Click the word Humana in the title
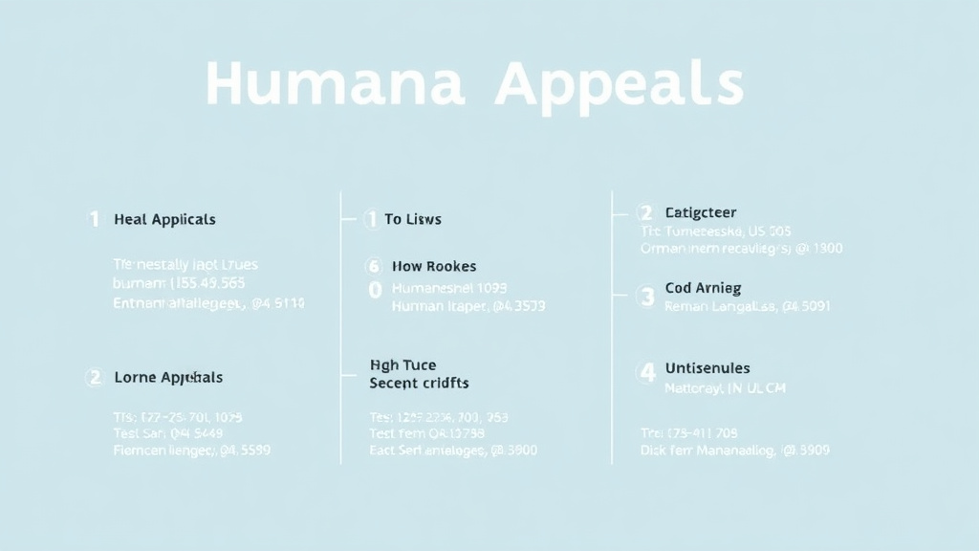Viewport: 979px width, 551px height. tap(335, 84)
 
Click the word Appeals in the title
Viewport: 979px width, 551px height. tap(619, 86)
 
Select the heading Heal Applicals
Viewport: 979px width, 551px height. tap(164, 219)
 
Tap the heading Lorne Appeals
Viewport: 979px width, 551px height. tap(168, 377)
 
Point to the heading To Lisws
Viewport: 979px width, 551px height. tap(413, 219)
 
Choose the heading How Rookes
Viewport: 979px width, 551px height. tap(434, 266)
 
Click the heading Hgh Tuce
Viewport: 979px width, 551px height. tap(402, 364)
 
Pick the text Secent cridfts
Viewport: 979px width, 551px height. tap(419, 383)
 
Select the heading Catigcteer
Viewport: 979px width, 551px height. tap(701, 212)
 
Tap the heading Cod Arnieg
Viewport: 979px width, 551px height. tap(703, 287)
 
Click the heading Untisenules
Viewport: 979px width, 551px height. tap(707, 367)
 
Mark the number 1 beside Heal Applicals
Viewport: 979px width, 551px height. tap(94, 219)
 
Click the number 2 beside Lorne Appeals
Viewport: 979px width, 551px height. tap(94, 377)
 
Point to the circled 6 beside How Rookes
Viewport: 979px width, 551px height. tap(374, 266)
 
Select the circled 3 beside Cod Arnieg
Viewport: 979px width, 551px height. tap(647, 297)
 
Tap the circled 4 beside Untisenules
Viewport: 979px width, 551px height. tap(647, 372)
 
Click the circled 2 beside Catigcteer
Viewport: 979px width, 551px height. tap(645, 212)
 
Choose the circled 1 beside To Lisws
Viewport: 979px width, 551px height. tap(372, 220)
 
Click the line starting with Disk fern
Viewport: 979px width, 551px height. tap(734, 450)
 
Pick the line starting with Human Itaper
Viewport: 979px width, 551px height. tap(468, 306)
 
